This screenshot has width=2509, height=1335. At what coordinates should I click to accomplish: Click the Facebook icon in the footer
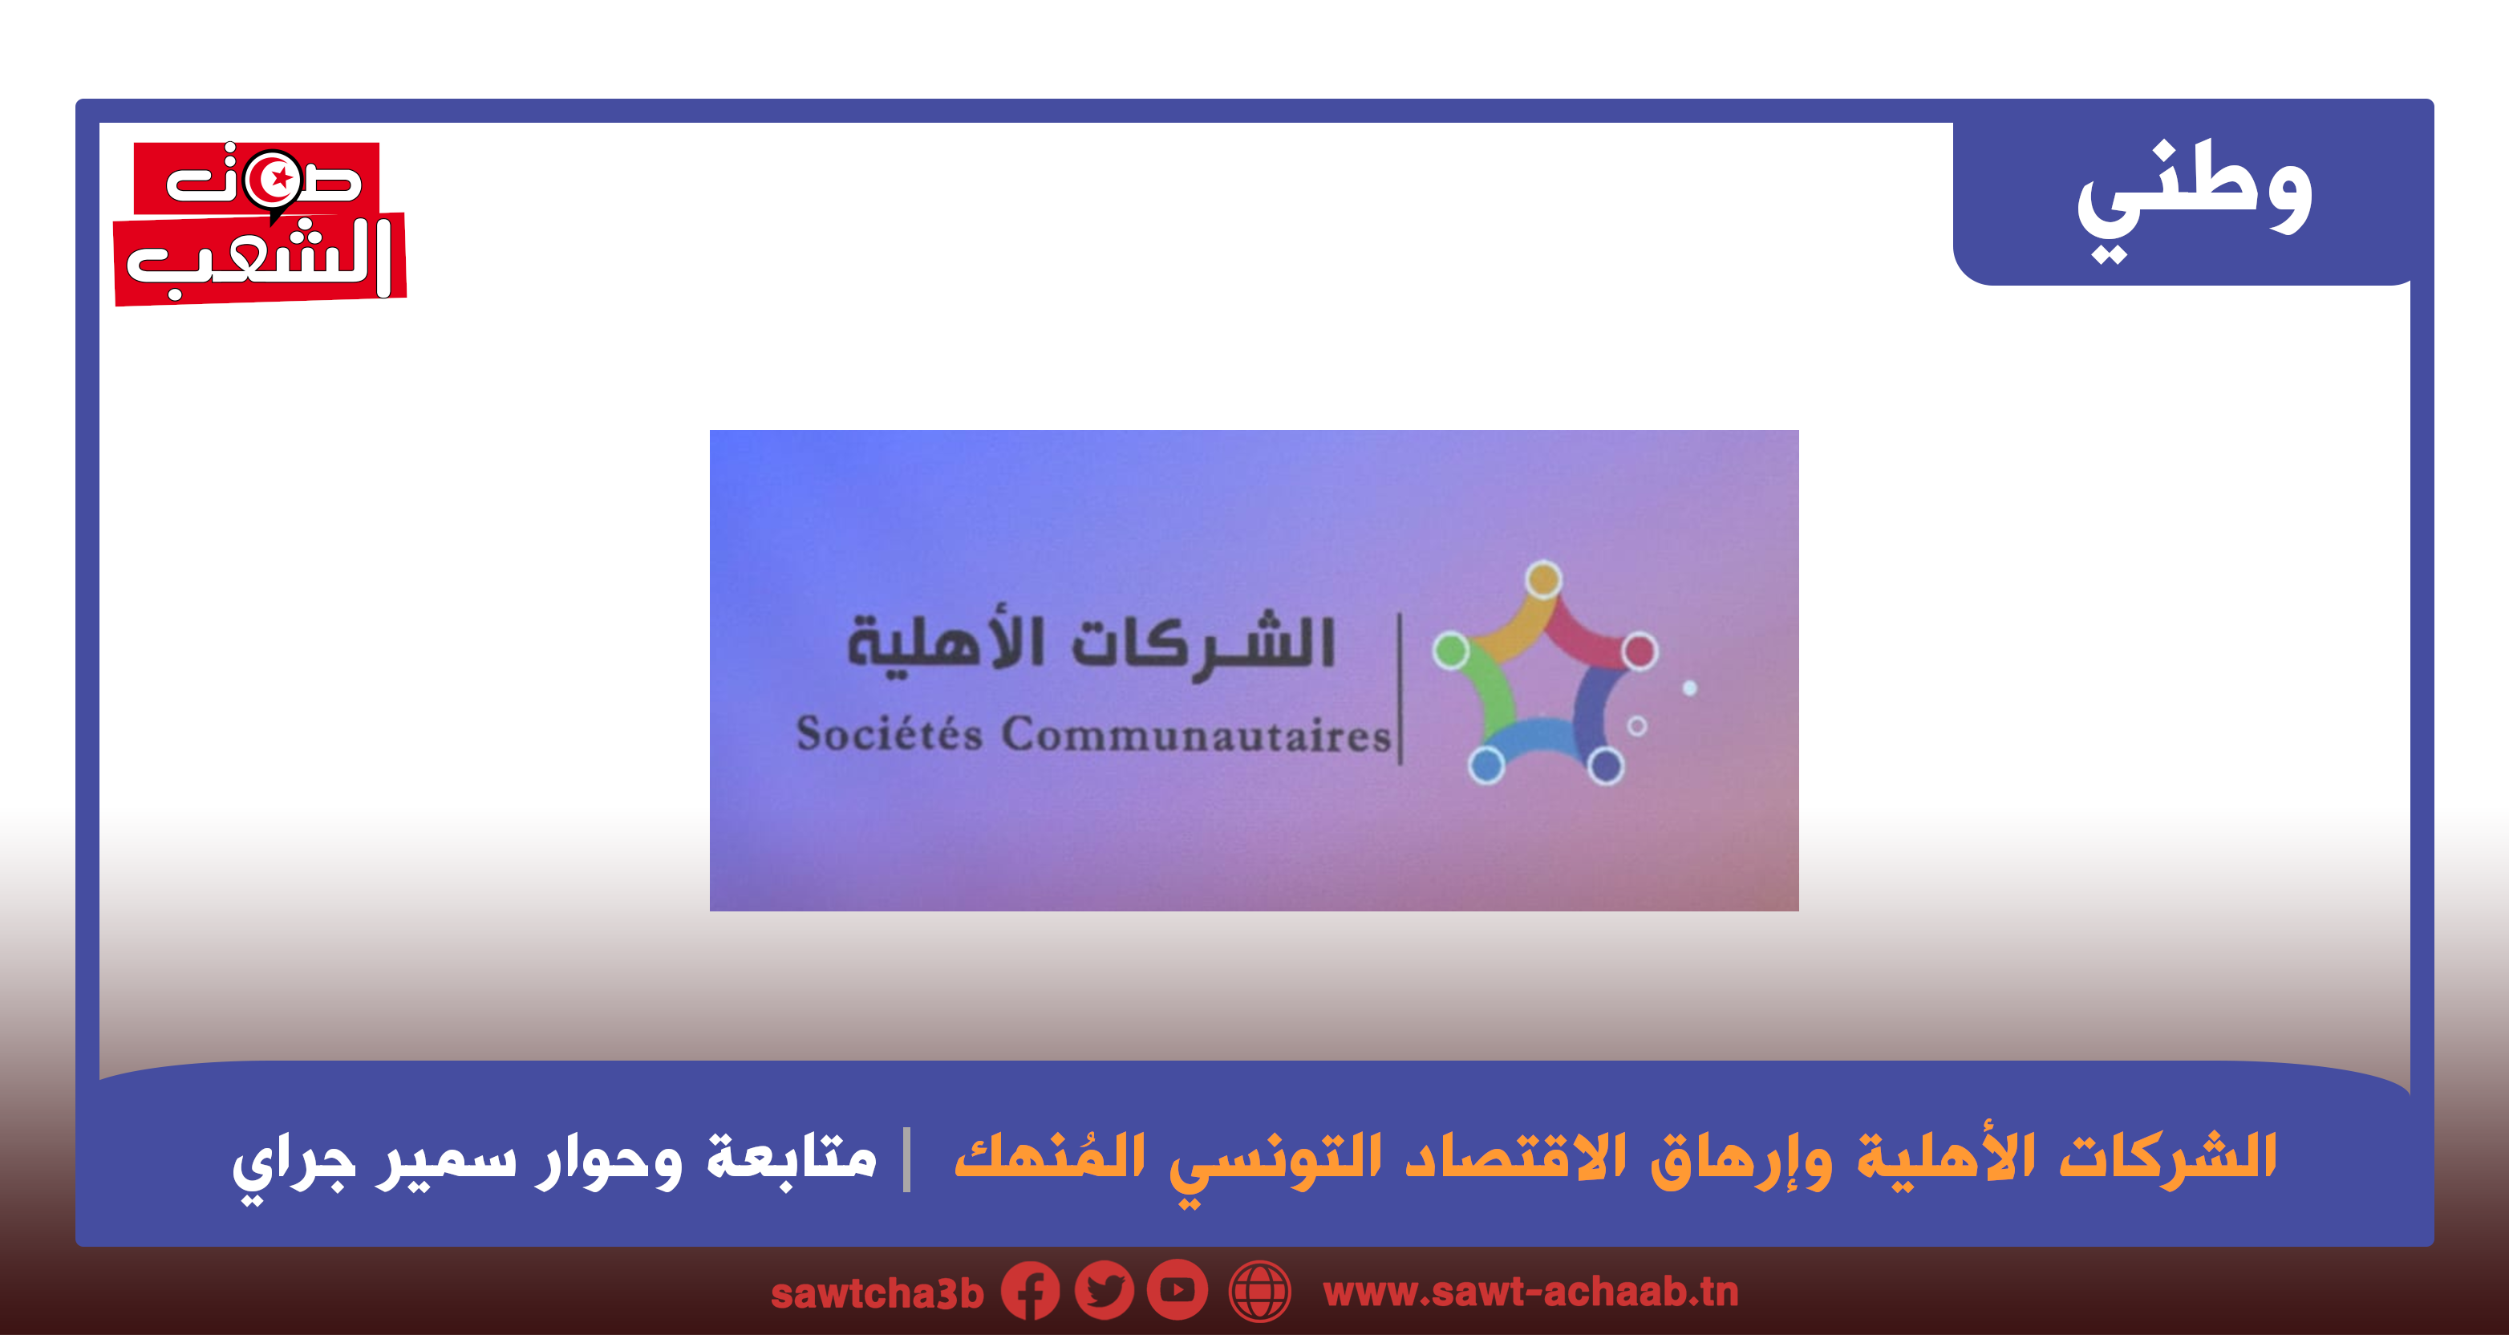click(1031, 1291)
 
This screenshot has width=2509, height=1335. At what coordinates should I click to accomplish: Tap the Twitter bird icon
click(1104, 1290)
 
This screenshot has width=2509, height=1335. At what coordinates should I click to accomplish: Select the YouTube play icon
click(1177, 1290)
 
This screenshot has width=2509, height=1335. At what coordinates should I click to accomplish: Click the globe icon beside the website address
click(1260, 1291)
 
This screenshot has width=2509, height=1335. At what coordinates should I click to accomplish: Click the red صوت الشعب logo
click(260, 223)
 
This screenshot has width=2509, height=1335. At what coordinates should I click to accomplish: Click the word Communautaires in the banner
click(1197, 736)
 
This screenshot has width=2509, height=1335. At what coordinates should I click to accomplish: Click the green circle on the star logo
click(1451, 650)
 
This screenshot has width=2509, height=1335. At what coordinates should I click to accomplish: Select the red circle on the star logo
click(1640, 651)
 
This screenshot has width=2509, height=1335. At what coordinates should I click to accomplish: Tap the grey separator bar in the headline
click(906, 1158)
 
